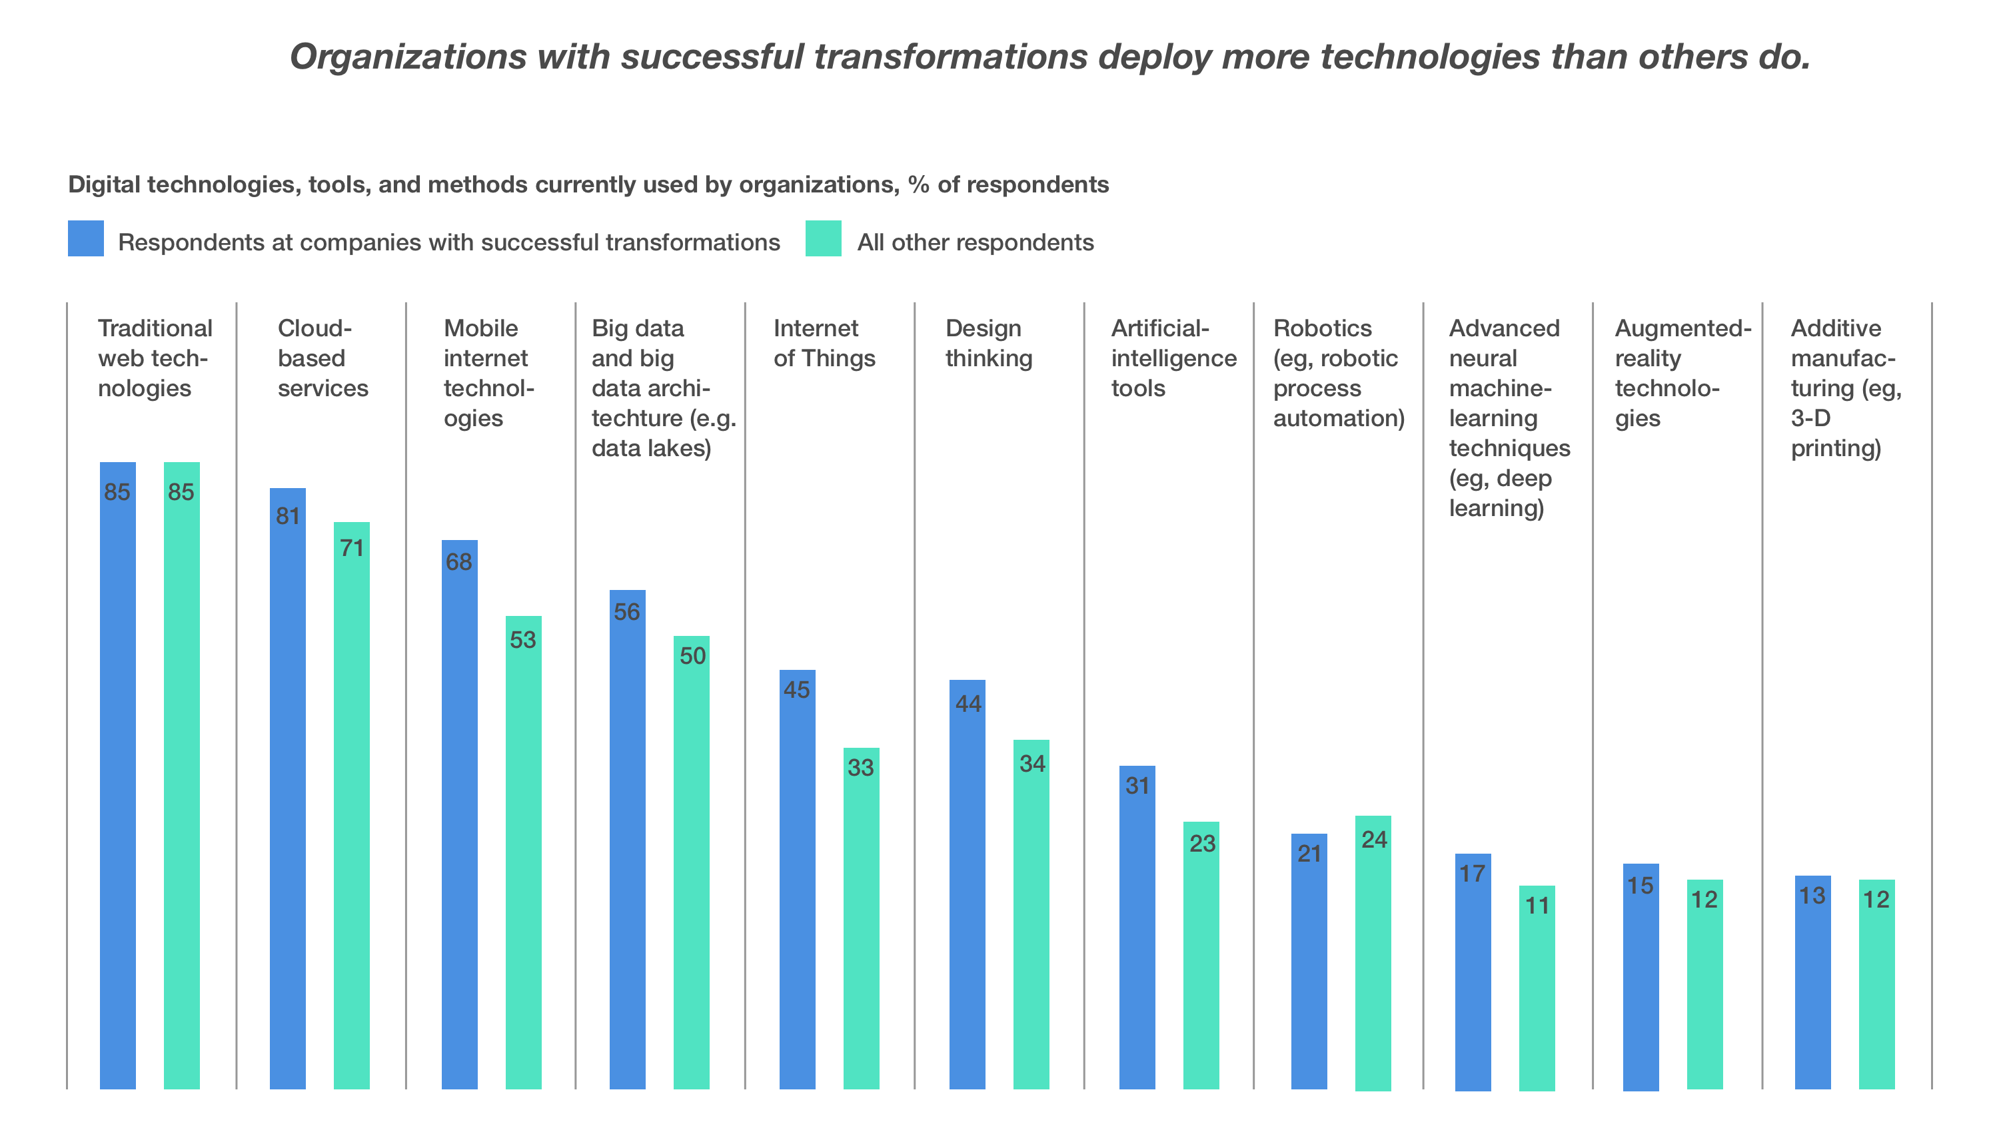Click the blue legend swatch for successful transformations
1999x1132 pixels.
click(85, 238)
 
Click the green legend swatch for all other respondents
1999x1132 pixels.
click(823, 238)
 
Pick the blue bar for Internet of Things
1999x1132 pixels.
click(797, 878)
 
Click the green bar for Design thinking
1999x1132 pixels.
click(1031, 914)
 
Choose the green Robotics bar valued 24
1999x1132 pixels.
click(1373, 952)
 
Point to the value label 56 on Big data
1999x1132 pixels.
click(627, 612)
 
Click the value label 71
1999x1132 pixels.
click(352, 548)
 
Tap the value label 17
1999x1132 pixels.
click(1473, 874)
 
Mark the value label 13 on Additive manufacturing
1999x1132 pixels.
click(1812, 896)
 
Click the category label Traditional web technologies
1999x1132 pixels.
click(155, 358)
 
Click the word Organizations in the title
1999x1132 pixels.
click(408, 57)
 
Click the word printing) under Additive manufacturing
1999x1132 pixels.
click(1836, 449)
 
